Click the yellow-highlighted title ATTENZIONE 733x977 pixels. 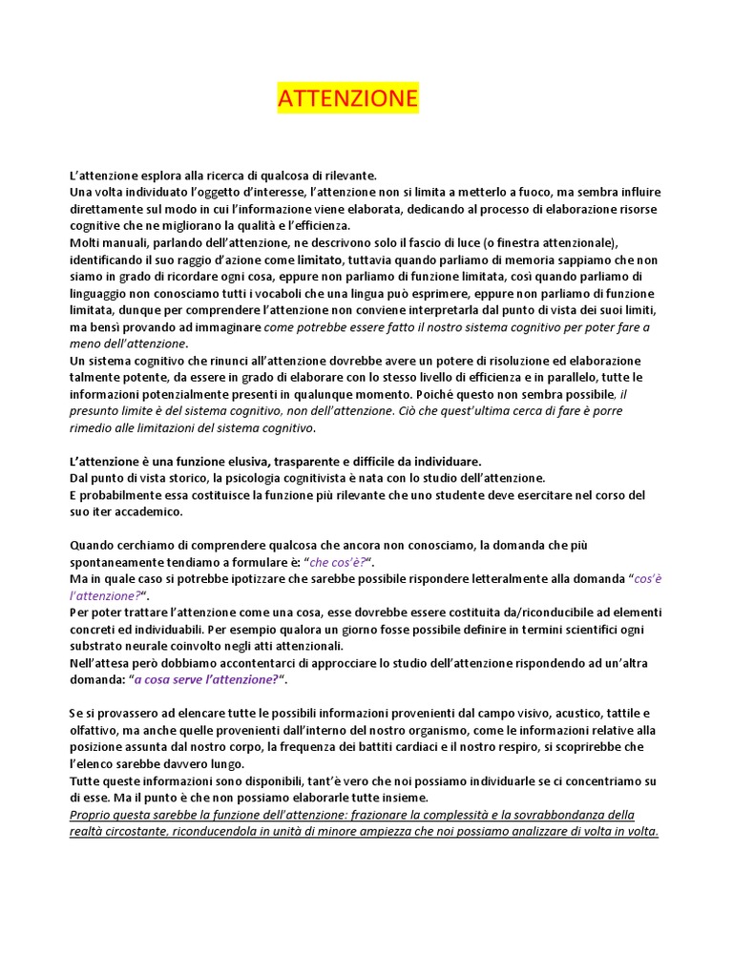(347, 98)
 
